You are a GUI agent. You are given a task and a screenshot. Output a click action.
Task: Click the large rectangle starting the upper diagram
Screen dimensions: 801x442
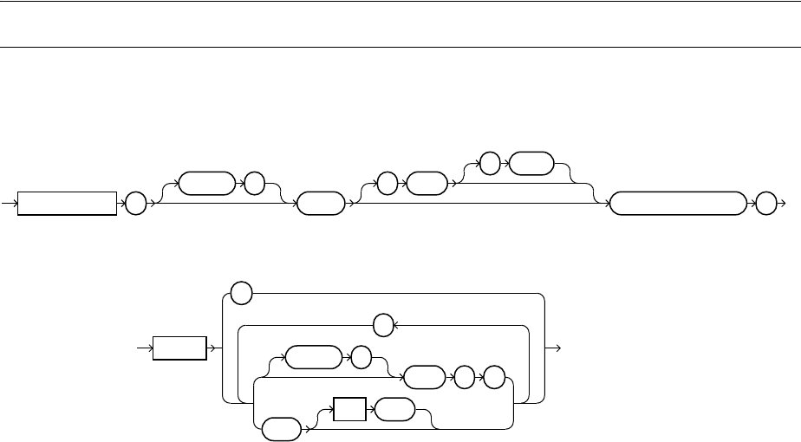tap(68, 204)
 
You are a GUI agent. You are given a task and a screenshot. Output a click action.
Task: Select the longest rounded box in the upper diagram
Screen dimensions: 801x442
tap(677, 204)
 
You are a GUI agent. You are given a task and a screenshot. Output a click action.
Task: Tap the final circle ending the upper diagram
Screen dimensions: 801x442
tap(764, 204)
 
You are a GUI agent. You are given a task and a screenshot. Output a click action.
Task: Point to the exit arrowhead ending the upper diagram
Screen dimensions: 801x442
tap(783, 204)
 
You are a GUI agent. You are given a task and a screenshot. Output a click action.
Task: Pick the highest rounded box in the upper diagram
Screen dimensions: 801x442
tap(531, 162)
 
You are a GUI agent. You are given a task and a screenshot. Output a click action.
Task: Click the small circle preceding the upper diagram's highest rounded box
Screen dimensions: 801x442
tap(491, 162)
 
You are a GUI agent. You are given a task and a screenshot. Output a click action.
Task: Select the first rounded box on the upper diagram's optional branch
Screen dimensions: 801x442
tap(206, 184)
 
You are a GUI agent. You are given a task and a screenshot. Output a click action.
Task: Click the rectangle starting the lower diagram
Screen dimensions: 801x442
tap(180, 348)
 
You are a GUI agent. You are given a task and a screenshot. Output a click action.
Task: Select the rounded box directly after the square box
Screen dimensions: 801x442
tap(394, 407)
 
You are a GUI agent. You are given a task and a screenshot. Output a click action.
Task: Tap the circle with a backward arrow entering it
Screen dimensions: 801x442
tap(382, 326)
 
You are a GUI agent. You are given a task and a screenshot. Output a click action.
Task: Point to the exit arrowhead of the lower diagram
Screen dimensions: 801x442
tap(559, 348)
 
